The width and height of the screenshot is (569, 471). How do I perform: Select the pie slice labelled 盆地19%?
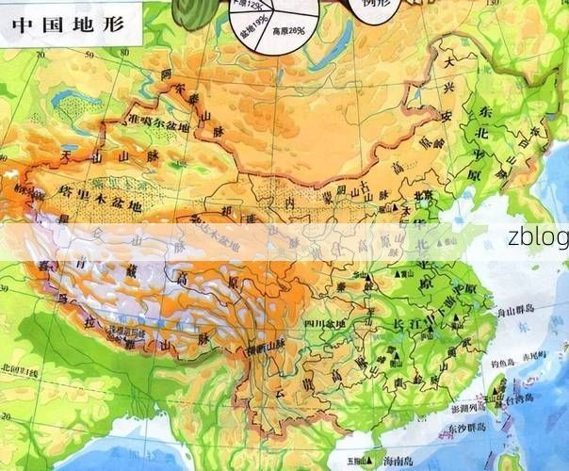click(252, 38)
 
